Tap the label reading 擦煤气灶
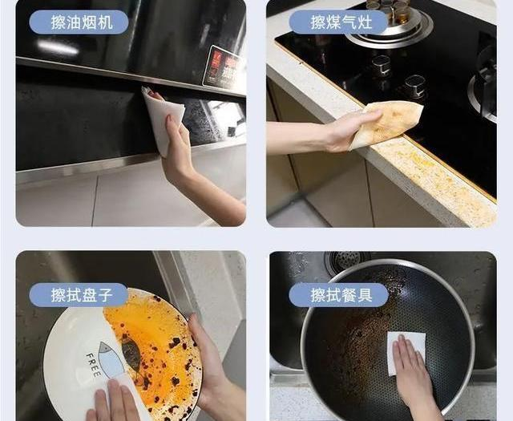[x=338, y=22]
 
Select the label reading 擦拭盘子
[x=79, y=295]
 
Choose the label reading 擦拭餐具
[x=338, y=295]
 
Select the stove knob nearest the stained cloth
[x=414, y=85]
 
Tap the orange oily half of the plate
[x=156, y=337]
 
